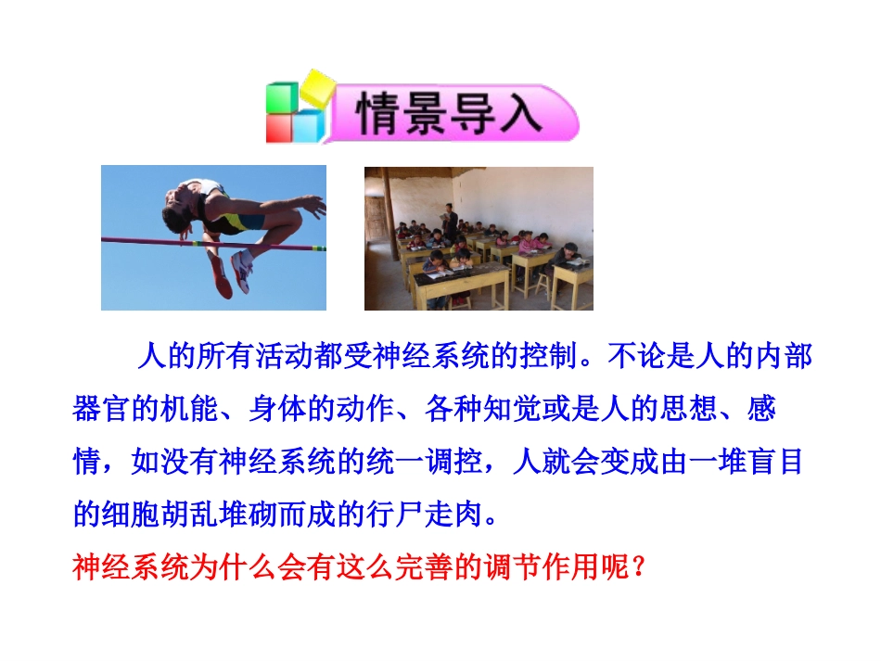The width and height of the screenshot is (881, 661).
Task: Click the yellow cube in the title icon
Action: [315, 87]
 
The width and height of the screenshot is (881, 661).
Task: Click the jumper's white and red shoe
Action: [242, 268]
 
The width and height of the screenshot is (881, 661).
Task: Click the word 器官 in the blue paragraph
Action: [101, 409]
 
